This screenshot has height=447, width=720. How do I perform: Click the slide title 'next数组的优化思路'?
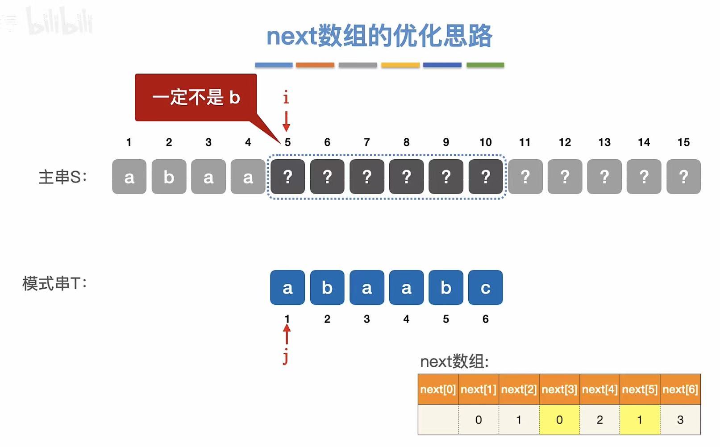(379, 36)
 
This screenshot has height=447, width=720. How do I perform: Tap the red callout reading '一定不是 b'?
(196, 97)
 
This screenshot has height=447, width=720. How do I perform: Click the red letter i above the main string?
(286, 97)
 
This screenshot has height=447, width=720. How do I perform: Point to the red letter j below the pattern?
(286, 357)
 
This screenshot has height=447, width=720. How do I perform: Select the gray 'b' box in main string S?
(169, 177)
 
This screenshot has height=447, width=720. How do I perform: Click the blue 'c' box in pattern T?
(485, 287)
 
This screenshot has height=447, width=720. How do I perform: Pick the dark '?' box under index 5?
(287, 177)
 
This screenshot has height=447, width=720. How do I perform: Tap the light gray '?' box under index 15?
(683, 177)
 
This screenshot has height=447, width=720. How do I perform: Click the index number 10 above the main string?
(485, 142)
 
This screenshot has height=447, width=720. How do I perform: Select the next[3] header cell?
(559, 389)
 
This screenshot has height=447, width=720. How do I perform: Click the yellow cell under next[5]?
(639, 420)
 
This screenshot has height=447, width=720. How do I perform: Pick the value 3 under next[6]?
(680, 420)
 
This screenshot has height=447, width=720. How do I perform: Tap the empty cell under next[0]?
(438, 420)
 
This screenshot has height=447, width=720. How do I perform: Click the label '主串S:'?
(62, 177)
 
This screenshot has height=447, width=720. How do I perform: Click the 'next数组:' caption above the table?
(454, 361)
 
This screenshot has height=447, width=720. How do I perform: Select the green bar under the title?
(485, 65)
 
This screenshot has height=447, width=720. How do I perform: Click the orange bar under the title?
(315, 65)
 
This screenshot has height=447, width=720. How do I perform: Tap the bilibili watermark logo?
(59, 21)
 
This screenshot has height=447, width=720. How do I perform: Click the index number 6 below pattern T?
(485, 319)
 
